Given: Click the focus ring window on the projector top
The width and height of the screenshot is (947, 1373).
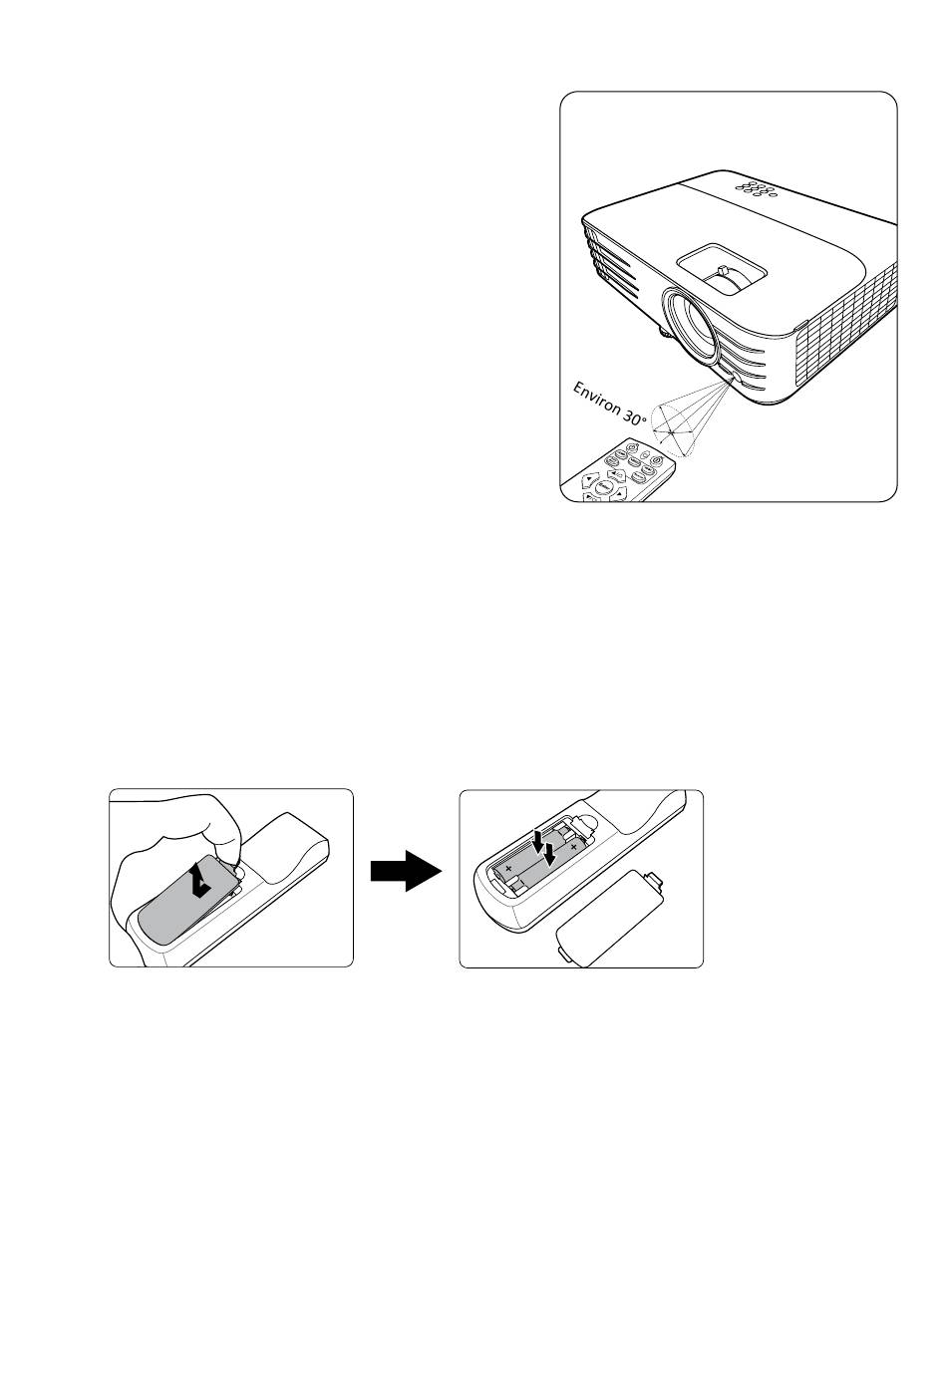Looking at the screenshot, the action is [x=721, y=269].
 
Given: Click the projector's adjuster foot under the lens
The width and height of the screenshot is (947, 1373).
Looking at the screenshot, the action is [x=665, y=332].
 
